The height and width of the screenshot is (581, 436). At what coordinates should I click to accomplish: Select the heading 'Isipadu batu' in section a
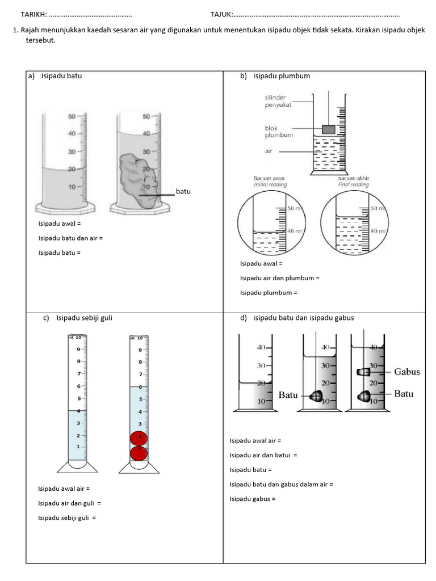click(61, 76)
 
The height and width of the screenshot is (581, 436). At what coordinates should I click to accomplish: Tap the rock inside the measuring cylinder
click(137, 179)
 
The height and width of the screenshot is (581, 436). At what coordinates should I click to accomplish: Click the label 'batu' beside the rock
click(183, 192)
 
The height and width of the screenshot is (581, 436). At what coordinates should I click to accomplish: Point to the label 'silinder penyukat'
click(279, 102)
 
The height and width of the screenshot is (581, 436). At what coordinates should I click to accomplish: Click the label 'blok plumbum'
click(279, 132)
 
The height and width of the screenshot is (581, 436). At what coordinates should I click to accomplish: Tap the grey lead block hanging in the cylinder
click(329, 129)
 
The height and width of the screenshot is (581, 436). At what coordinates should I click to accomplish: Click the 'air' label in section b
click(269, 151)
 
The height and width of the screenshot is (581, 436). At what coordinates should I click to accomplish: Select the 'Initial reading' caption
click(270, 184)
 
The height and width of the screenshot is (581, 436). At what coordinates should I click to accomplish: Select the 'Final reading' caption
click(353, 184)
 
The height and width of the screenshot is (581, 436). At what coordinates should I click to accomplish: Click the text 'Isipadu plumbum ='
click(269, 293)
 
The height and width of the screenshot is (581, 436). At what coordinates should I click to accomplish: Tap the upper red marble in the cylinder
click(139, 437)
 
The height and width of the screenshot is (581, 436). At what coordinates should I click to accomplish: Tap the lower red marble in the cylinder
click(139, 453)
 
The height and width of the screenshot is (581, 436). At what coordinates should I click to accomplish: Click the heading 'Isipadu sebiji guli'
click(84, 318)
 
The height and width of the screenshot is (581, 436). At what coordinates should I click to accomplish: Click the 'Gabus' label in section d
click(407, 372)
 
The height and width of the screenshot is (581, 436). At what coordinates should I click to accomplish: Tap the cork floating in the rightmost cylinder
click(363, 372)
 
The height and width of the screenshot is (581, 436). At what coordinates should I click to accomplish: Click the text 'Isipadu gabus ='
click(252, 499)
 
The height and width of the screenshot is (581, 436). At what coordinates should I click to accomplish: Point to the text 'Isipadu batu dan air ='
click(70, 238)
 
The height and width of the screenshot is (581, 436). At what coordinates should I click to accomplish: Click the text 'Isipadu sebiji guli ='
click(67, 517)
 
